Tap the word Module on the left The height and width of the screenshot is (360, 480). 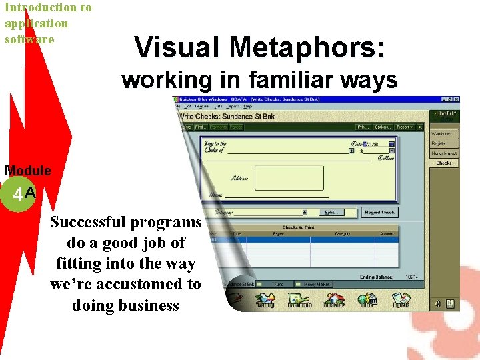click(27, 171)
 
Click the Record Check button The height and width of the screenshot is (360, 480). click(379, 212)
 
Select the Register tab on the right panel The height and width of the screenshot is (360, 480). click(439, 143)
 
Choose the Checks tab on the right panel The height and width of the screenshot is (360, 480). click(444, 163)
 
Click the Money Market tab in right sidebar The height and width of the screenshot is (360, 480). click(443, 153)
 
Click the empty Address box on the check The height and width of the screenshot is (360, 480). click(289, 178)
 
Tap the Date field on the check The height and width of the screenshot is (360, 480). click(373, 143)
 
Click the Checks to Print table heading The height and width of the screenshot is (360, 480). click(299, 227)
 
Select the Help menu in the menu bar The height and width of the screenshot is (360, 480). click(248, 106)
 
